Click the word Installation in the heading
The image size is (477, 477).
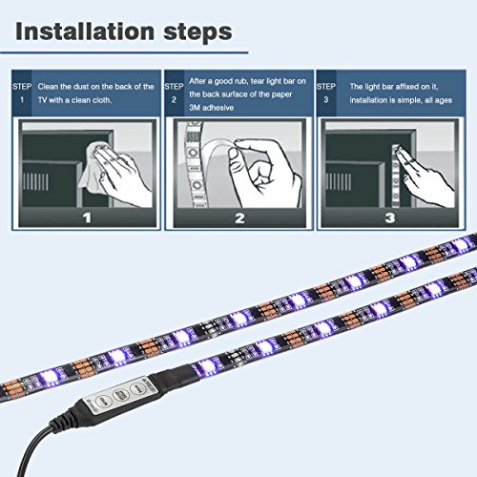(85, 31)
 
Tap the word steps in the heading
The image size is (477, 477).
(197, 32)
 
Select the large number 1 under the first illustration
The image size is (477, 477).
(87, 218)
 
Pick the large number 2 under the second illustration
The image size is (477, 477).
(239, 218)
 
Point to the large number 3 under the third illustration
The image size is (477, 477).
(390, 218)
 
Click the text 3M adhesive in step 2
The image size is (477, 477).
(212, 108)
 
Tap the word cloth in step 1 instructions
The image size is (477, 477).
(101, 100)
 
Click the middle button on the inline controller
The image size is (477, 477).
(120, 395)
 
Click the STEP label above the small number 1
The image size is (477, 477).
(22, 87)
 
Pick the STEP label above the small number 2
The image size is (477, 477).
(174, 87)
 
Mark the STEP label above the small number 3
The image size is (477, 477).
(326, 87)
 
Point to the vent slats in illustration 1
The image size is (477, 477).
(35, 182)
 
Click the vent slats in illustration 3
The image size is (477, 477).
(339, 182)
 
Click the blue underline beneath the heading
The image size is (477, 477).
(124, 52)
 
